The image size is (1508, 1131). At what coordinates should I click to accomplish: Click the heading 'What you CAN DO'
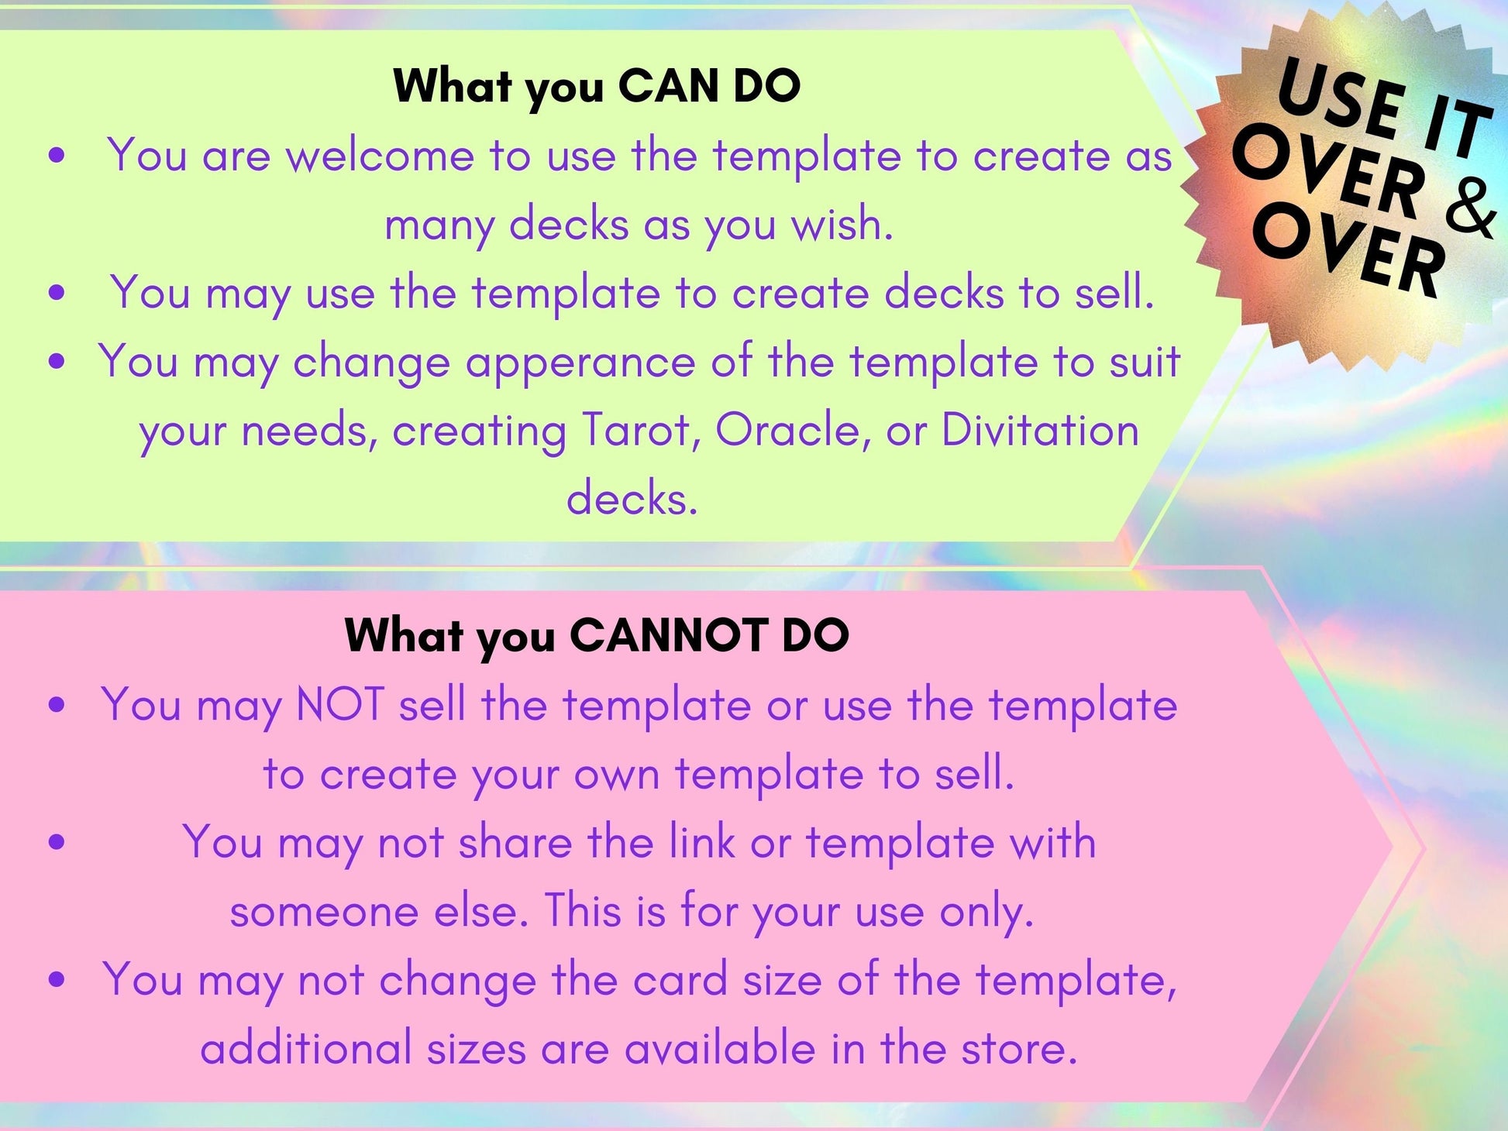point(597,87)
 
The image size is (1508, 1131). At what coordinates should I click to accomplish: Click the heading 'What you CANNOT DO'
point(597,637)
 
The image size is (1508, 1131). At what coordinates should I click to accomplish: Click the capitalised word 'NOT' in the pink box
point(340,705)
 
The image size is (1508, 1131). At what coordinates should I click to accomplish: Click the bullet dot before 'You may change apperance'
point(57,362)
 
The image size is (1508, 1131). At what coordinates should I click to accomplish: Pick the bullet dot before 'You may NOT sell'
point(57,706)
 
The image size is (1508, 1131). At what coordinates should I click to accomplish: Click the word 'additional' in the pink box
point(306,1049)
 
